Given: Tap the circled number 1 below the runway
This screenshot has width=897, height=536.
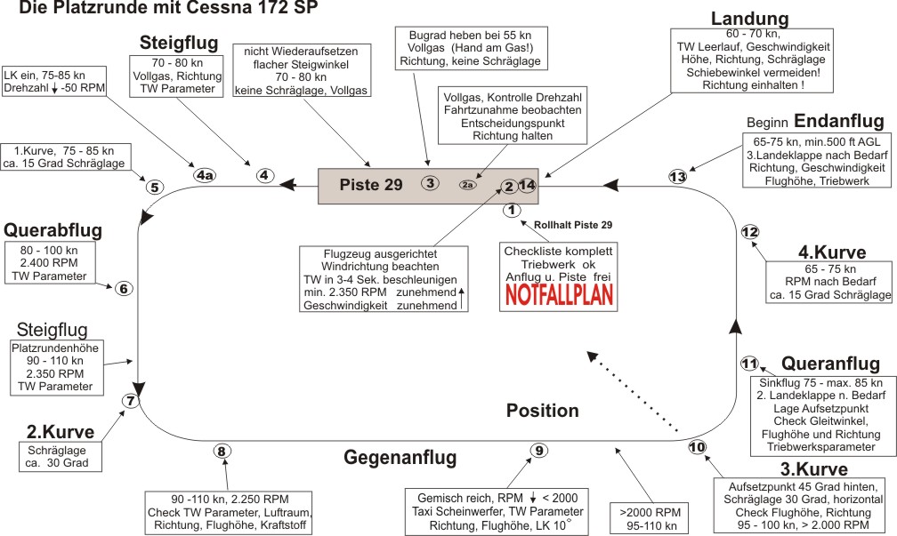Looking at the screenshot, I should [x=511, y=211].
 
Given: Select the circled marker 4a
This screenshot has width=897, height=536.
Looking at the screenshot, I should [x=206, y=176].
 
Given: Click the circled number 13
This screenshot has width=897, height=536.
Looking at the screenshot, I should [x=678, y=177].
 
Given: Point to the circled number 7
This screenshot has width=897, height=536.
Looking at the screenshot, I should [x=131, y=401].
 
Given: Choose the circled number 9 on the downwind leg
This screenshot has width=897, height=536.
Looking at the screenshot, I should [x=539, y=451].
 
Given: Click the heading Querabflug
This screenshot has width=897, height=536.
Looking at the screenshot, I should [x=54, y=230].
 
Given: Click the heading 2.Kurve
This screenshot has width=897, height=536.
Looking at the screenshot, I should [x=61, y=433].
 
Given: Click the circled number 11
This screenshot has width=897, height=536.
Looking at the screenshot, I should [x=749, y=363].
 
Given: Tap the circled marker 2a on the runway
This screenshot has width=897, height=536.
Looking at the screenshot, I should [x=468, y=185].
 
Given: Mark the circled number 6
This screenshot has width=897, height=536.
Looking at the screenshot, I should [x=124, y=288].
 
